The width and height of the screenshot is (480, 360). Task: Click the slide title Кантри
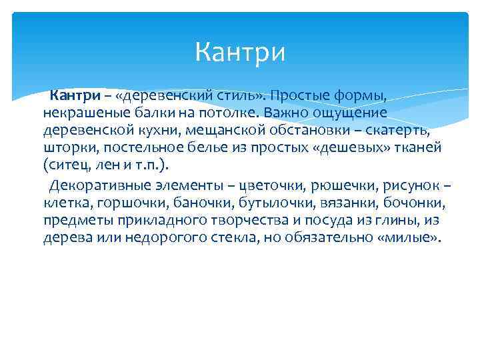pyautogui.click(x=240, y=52)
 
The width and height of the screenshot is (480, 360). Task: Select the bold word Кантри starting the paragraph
pyautogui.click(x=73, y=98)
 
